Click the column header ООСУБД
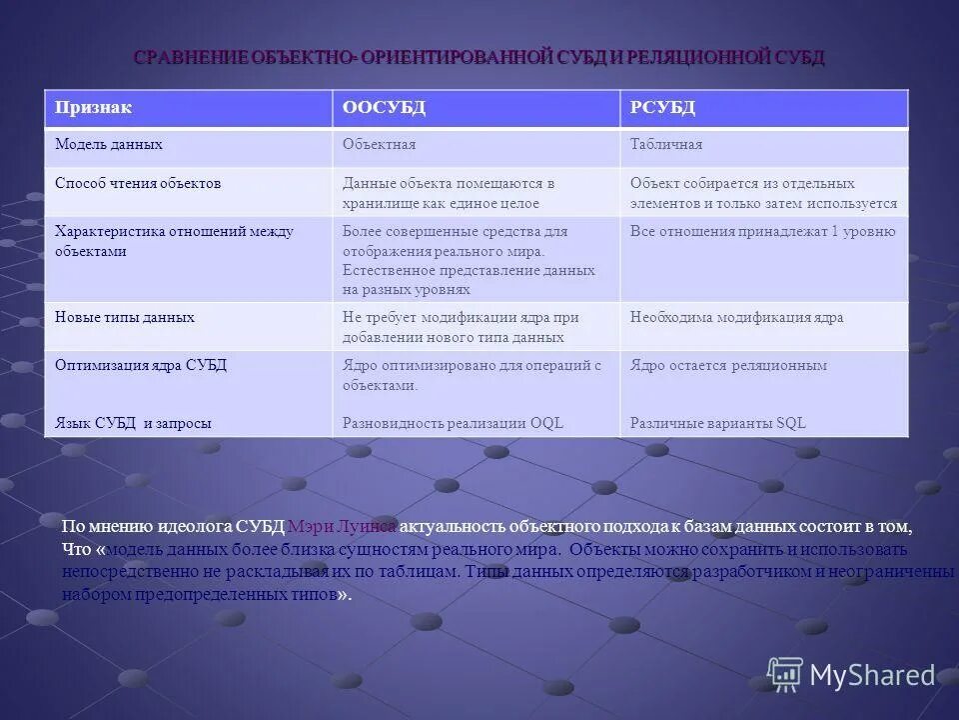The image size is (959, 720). click(x=384, y=108)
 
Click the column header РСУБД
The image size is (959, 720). click(x=662, y=108)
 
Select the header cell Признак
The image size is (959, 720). click(x=93, y=108)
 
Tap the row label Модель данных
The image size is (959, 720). click(x=109, y=145)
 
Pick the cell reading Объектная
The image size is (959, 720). click(x=379, y=145)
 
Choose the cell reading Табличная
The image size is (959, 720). click(x=666, y=145)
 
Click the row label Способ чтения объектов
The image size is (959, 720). click(x=138, y=184)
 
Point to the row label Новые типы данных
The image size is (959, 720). click(x=125, y=317)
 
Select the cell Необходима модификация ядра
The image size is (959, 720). click(x=736, y=317)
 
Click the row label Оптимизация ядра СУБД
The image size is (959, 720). click(x=141, y=365)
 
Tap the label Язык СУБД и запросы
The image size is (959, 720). click(x=133, y=423)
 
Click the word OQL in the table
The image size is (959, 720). click(x=546, y=423)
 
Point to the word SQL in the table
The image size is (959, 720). click(x=791, y=423)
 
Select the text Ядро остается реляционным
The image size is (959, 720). click(x=728, y=365)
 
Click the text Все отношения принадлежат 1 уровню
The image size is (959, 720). click(x=762, y=231)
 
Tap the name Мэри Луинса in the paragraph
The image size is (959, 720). click(x=342, y=526)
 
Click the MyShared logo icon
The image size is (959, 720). click(x=785, y=674)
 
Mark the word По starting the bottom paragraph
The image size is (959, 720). click(x=72, y=526)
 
